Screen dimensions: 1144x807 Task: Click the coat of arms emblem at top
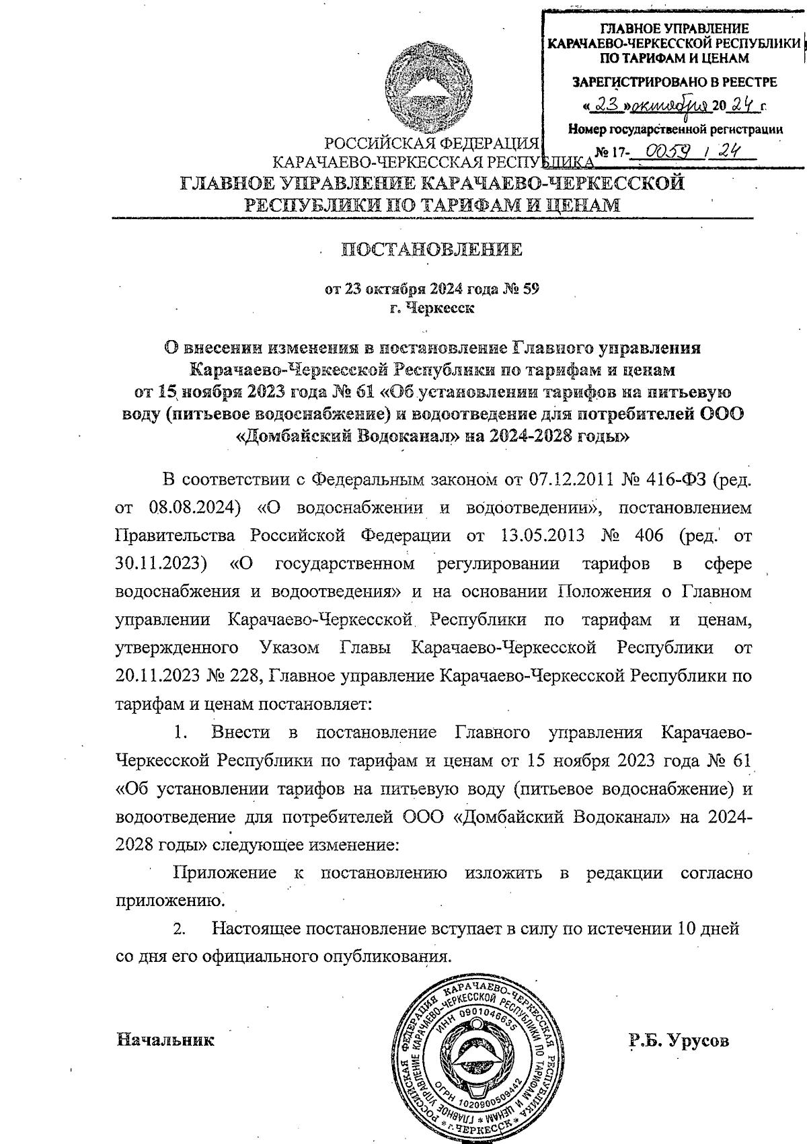pos(432,86)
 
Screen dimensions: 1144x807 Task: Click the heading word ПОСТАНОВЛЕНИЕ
pos(432,250)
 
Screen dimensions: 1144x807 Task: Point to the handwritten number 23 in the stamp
pos(607,106)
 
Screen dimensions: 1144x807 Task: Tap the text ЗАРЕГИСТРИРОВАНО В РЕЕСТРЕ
pos(674,83)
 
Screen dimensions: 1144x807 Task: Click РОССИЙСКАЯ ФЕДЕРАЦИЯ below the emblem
pos(432,143)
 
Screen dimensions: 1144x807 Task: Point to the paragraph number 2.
pos(179,930)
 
